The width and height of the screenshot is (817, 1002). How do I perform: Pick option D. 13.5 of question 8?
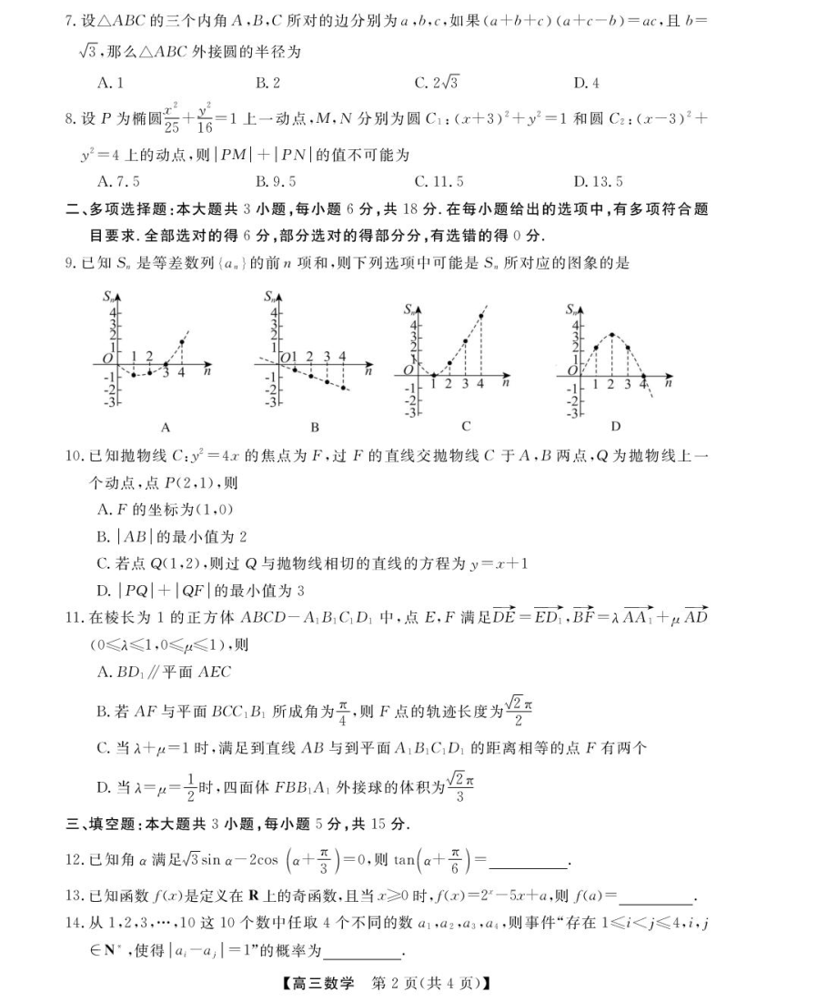click(598, 181)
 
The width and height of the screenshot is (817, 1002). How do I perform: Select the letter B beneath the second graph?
click(314, 426)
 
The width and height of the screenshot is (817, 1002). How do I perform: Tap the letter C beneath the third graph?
click(466, 426)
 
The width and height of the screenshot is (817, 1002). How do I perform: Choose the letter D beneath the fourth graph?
click(615, 426)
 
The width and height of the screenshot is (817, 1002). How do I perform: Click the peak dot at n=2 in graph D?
click(612, 335)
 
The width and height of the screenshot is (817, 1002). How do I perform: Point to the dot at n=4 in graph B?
click(343, 387)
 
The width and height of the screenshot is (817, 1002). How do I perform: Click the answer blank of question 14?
click(362, 952)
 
